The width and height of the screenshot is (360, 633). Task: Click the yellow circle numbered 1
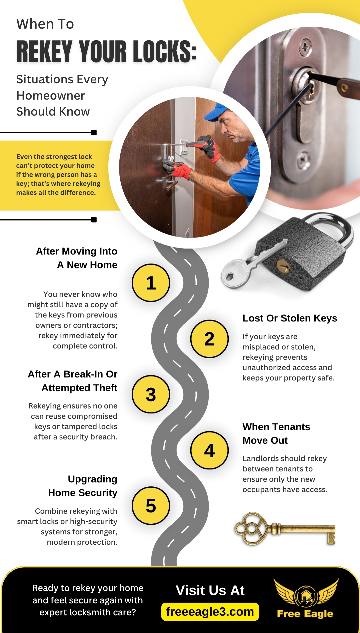click(x=151, y=283)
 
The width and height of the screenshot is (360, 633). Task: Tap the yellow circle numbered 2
click(x=209, y=339)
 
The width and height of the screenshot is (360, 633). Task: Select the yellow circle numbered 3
click(x=151, y=394)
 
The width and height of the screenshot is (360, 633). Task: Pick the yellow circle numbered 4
click(x=209, y=450)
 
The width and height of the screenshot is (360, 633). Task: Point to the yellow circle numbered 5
click(x=151, y=506)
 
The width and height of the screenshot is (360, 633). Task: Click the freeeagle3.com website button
click(x=210, y=612)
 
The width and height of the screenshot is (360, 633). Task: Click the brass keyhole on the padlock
click(x=283, y=266)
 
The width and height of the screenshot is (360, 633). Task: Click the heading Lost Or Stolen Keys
click(x=290, y=318)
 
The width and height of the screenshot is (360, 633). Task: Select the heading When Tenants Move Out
click(x=276, y=433)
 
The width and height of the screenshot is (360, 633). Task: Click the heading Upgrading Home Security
click(x=83, y=486)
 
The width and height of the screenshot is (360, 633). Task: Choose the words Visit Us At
click(x=210, y=590)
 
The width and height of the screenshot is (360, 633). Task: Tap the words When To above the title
click(x=45, y=24)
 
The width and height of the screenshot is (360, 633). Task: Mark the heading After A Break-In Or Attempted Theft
click(x=73, y=381)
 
